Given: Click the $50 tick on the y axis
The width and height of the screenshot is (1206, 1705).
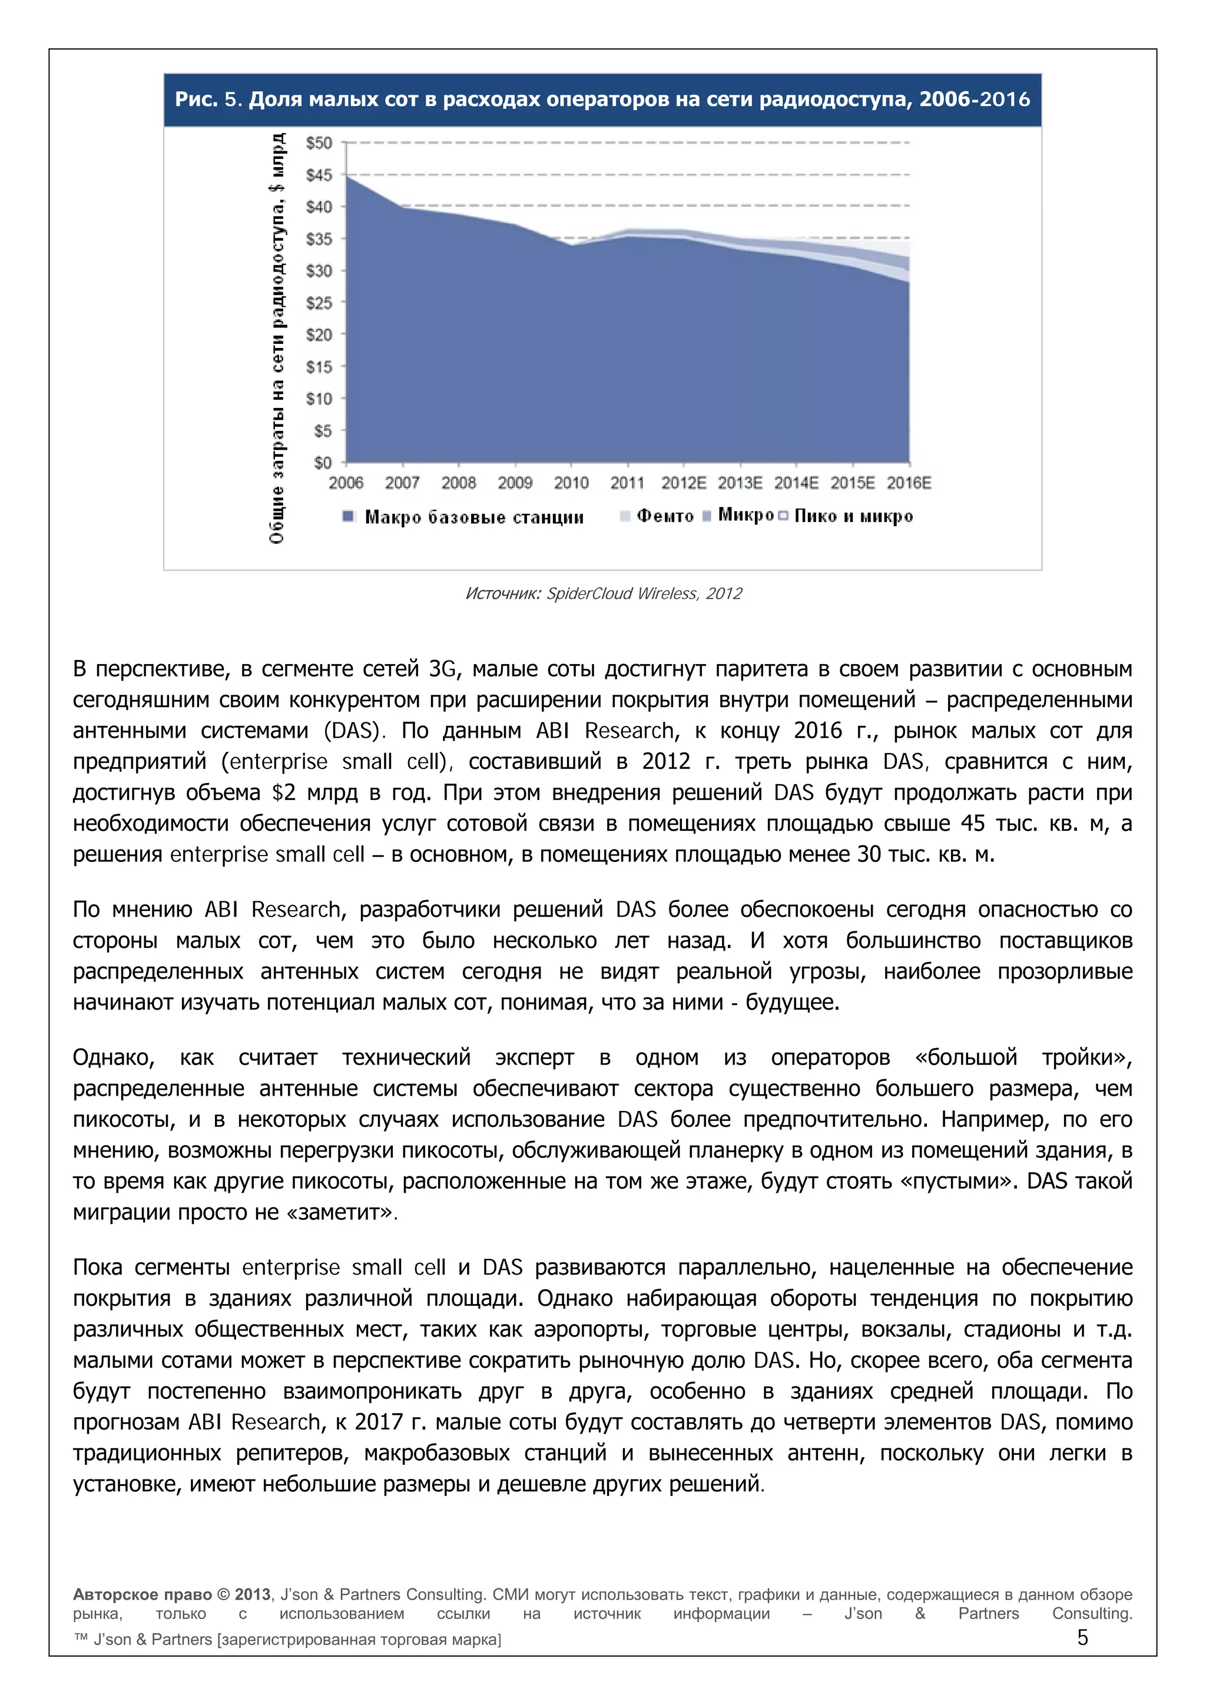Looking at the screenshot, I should point(319,142).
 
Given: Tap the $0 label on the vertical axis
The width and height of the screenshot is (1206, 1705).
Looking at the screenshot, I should point(322,463).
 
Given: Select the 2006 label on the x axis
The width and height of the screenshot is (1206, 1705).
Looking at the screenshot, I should point(346,483).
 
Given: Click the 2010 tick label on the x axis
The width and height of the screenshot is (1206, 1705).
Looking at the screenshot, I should point(571,483).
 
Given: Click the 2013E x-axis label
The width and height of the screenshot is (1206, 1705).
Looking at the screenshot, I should point(740,483).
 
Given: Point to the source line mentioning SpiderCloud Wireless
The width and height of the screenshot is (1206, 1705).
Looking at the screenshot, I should point(603,593).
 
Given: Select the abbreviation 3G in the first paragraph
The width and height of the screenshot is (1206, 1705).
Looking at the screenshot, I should point(444,669).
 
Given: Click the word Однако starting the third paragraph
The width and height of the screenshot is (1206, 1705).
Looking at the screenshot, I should point(114,1057).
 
